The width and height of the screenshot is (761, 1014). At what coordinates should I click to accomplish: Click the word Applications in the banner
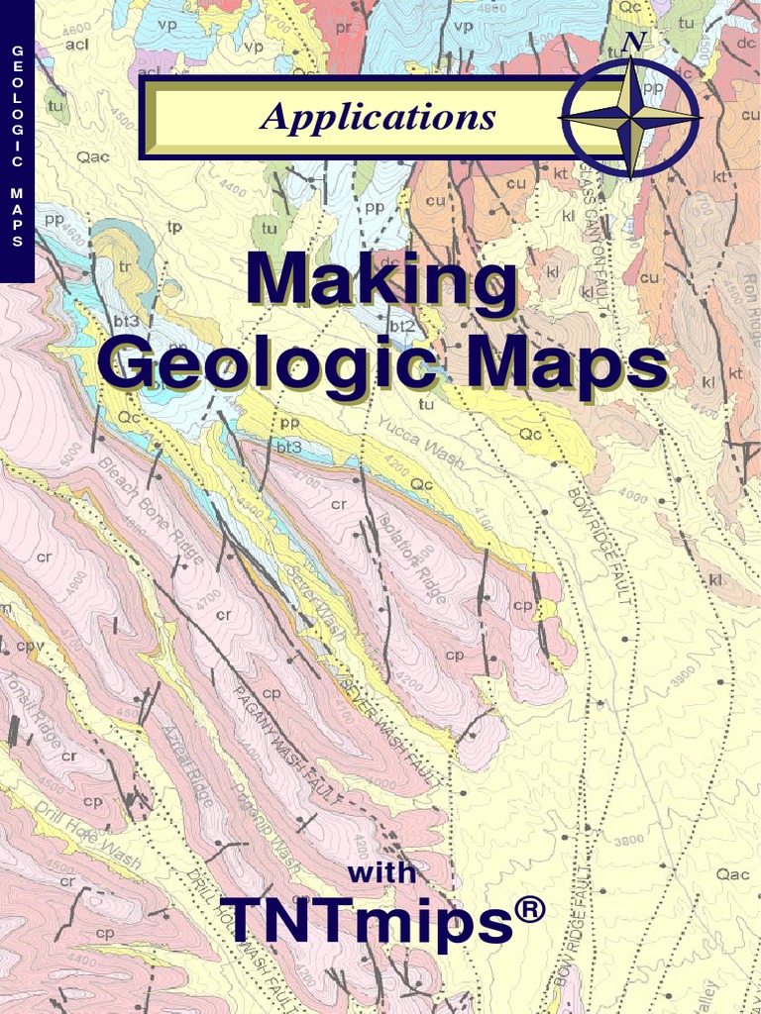[x=378, y=118]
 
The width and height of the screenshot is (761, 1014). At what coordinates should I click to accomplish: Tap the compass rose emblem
[x=630, y=118]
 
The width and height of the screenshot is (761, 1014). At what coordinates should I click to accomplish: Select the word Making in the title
[x=381, y=281]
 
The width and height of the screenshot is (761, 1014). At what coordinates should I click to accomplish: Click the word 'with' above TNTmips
[x=381, y=874]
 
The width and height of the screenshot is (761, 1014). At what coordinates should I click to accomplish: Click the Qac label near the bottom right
[x=732, y=874]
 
